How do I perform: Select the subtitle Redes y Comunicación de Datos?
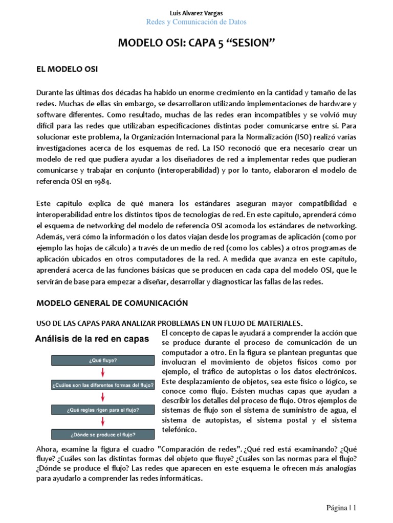tap(196, 22)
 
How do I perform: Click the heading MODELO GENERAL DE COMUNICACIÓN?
tap(112, 303)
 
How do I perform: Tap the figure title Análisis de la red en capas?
tap(92, 338)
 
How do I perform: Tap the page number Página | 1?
tap(341, 508)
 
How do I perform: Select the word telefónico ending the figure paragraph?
tap(179, 430)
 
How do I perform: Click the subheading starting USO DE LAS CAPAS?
tap(169, 323)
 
